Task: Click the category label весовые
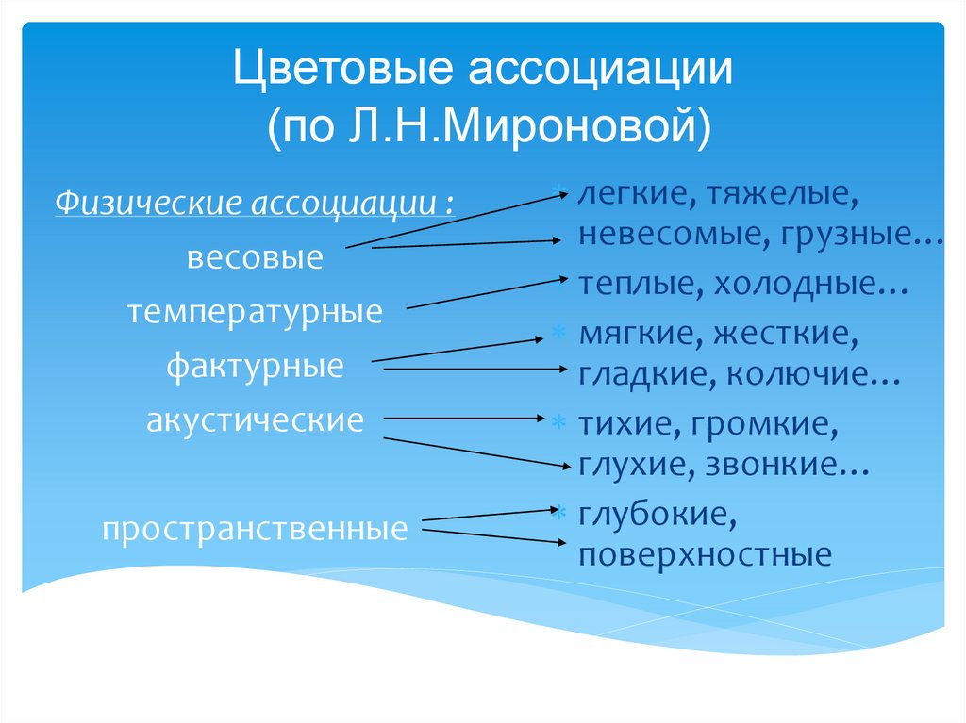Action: [255, 257]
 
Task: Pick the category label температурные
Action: [256, 311]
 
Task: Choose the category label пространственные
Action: [256, 528]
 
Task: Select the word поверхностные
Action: [706, 554]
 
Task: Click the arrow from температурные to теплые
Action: [486, 292]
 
